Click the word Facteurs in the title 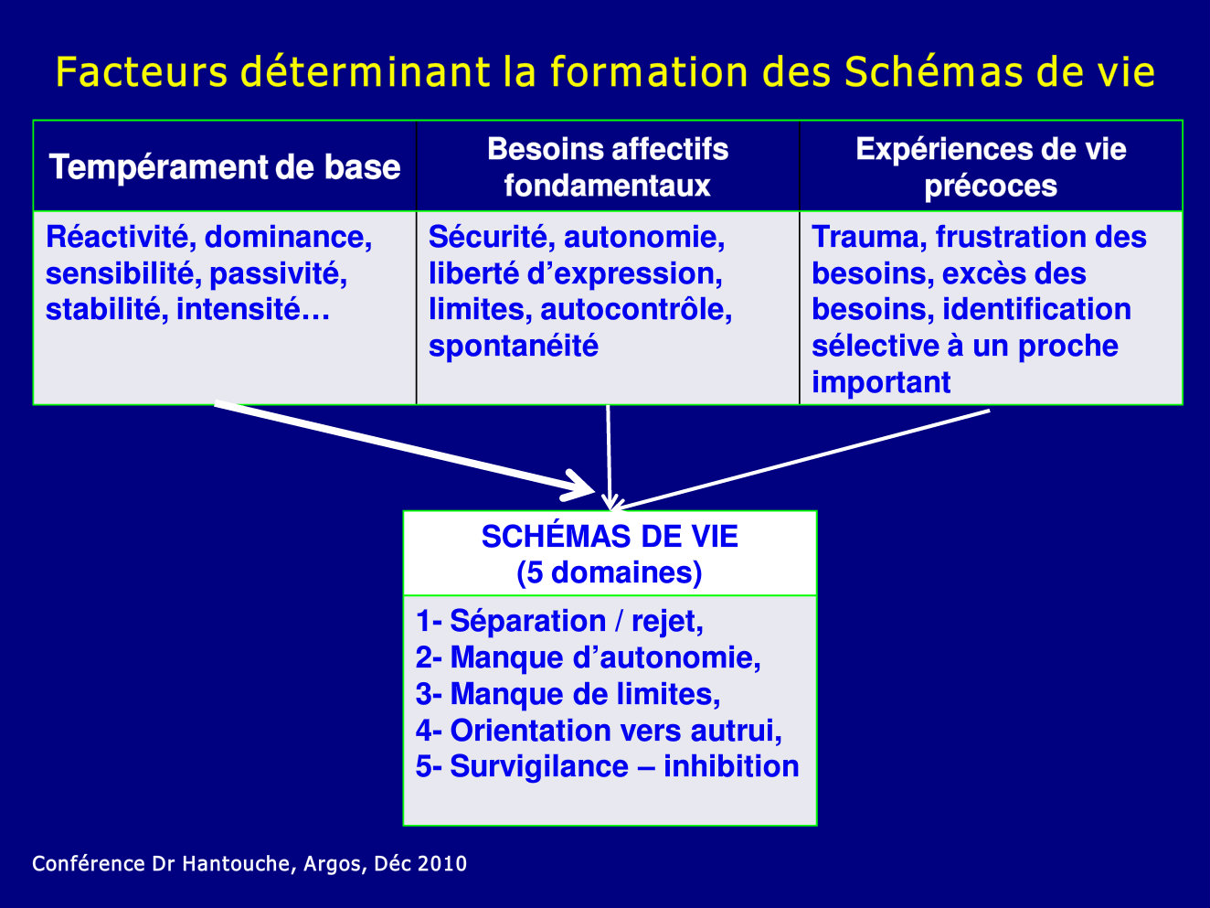tap(142, 72)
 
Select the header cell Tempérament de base tap(225, 167)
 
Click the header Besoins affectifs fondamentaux tap(608, 167)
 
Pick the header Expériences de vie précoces tap(991, 167)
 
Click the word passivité tap(279, 273)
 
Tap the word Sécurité tap(492, 237)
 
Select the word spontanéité tap(514, 347)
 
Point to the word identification tap(1037, 309)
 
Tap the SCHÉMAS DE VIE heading tap(610, 537)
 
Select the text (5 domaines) tap(610, 572)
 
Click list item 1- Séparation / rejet tap(559, 621)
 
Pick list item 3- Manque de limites tap(568, 694)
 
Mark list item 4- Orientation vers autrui tap(599, 731)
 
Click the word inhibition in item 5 tap(731, 766)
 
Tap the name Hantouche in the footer tap(236, 863)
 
